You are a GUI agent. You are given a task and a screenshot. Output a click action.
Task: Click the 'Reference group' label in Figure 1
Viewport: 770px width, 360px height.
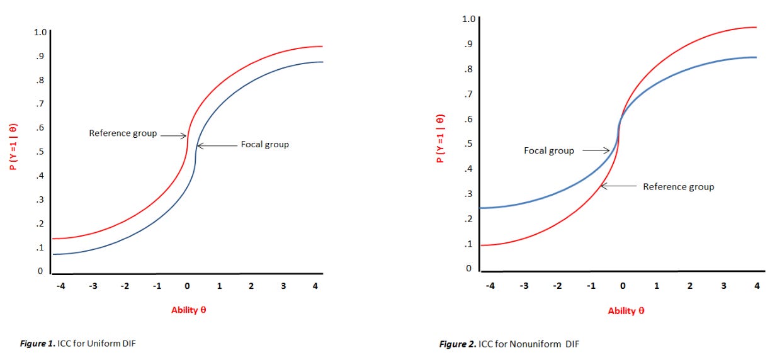pyautogui.click(x=122, y=133)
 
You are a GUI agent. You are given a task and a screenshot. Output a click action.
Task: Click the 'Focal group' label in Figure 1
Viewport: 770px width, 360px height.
pyautogui.click(x=264, y=145)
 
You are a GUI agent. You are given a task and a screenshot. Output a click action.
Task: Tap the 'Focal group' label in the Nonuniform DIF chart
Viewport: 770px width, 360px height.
pyautogui.click(x=549, y=151)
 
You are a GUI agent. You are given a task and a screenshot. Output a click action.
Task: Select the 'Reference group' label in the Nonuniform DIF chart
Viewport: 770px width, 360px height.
pyautogui.click(x=678, y=187)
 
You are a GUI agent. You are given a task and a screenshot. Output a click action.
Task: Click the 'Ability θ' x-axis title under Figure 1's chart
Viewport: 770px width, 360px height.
pyautogui.click(x=188, y=310)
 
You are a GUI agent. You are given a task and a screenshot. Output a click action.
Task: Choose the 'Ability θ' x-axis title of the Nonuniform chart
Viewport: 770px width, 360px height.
pyautogui.click(x=626, y=311)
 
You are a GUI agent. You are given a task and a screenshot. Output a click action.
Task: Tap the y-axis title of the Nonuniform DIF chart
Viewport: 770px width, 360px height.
pyautogui.click(x=441, y=138)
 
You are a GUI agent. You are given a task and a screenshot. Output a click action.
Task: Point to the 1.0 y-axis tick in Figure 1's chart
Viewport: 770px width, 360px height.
pyautogui.click(x=40, y=33)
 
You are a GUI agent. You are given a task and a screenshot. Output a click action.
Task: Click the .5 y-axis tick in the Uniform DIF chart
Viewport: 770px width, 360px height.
pyautogui.click(x=40, y=152)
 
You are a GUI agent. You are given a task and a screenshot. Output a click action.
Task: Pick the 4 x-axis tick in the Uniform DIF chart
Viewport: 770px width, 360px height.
pyautogui.click(x=315, y=286)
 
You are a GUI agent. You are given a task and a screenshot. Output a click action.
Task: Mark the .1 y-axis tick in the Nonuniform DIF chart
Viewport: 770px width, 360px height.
pyautogui.click(x=468, y=244)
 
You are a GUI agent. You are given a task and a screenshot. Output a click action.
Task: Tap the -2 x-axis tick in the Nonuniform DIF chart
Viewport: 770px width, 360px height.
pyautogui.click(x=557, y=286)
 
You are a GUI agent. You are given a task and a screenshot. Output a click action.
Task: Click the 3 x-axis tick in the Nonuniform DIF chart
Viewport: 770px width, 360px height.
pyautogui.click(x=723, y=286)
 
